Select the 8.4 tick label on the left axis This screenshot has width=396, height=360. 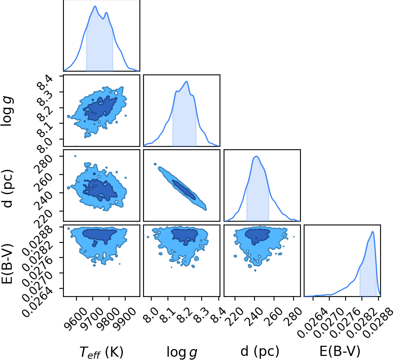coord(45,83)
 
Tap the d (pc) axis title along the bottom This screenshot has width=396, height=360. coord(260,351)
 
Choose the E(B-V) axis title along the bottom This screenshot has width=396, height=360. coord(339,351)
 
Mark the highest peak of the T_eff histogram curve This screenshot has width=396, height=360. coord(95,6)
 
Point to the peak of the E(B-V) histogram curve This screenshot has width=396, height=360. coord(372,231)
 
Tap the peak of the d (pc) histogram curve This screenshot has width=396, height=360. coord(256,156)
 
